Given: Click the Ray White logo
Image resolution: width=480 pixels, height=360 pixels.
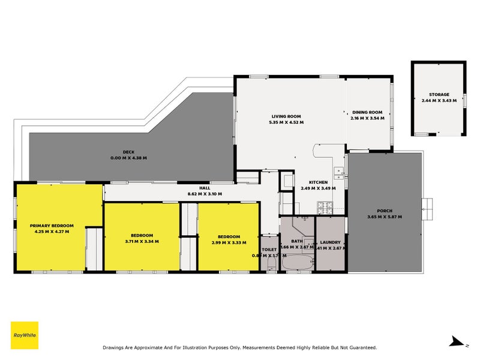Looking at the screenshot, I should click(x=25, y=335).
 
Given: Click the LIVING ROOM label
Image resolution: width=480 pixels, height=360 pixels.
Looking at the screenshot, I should click(x=286, y=116).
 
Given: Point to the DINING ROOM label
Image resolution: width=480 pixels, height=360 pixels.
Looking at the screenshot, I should click(x=367, y=112).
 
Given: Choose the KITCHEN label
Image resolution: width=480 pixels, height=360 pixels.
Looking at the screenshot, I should click(x=318, y=182).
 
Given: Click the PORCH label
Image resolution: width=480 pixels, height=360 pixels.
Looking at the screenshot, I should click(x=385, y=211).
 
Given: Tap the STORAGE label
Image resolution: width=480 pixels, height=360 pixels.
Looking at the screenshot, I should click(x=439, y=95).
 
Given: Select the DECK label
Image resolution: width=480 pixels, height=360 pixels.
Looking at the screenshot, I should click(x=128, y=152).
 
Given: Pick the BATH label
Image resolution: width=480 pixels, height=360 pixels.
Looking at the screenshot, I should click(x=297, y=241).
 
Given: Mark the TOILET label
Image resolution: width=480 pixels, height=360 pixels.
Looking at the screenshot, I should click(x=269, y=250).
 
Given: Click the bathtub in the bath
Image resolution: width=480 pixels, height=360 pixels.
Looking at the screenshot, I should click(x=297, y=263).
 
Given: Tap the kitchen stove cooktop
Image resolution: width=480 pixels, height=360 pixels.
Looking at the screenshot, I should click(x=325, y=208).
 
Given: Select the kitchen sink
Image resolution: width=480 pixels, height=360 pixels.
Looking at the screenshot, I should click(x=339, y=172).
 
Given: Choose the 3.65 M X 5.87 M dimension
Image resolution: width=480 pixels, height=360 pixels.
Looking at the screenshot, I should click(x=385, y=217).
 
